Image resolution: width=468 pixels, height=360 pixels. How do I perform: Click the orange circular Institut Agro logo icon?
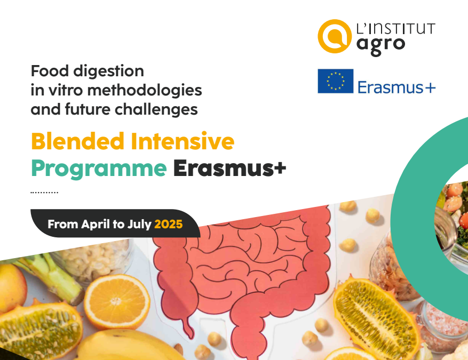[334, 36]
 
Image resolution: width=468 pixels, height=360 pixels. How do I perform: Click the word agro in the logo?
[381, 45]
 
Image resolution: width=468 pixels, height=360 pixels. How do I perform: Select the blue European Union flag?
[336, 81]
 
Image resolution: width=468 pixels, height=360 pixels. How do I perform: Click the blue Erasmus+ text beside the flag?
[396, 87]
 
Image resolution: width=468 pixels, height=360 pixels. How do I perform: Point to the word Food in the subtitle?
[50, 71]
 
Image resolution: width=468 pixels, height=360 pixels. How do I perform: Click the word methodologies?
[145, 90]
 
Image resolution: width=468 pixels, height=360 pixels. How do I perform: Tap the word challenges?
[156, 109]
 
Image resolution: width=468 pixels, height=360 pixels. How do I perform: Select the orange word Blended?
[77, 141]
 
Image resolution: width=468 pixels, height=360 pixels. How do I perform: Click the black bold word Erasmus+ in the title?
[229, 168]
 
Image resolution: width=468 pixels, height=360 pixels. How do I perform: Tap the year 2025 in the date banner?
[168, 224]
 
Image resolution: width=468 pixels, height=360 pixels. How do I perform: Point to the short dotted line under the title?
[44, 193]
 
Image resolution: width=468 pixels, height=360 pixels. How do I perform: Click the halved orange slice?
[117, 301]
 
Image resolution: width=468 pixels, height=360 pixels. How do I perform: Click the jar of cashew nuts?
[96, 260]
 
